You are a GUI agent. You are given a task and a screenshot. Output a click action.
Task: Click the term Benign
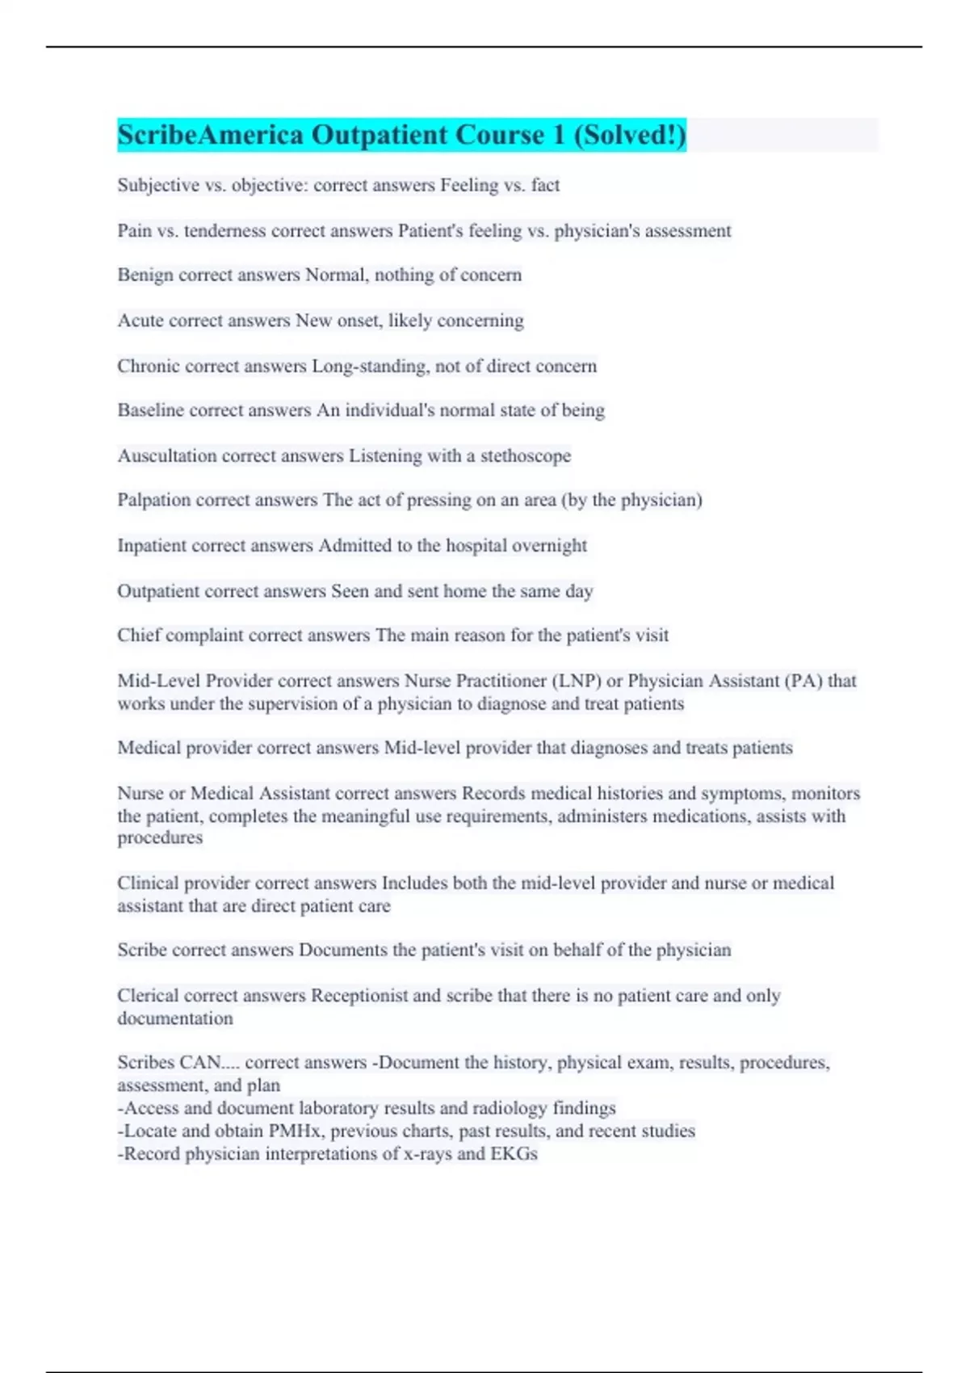coord(145,275)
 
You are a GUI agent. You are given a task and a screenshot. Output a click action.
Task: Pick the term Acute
coord(140,320)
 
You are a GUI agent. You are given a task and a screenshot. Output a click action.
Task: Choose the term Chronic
coord(149,366)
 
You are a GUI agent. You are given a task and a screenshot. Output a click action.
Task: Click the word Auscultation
coord(166,456)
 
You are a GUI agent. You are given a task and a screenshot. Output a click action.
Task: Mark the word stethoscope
coord(526,456)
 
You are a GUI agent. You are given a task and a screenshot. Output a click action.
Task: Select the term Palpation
coord(154,500)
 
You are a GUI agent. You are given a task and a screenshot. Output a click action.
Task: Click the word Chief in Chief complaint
coord(139,635)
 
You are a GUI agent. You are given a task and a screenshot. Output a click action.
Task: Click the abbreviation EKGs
coord(514,1153)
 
